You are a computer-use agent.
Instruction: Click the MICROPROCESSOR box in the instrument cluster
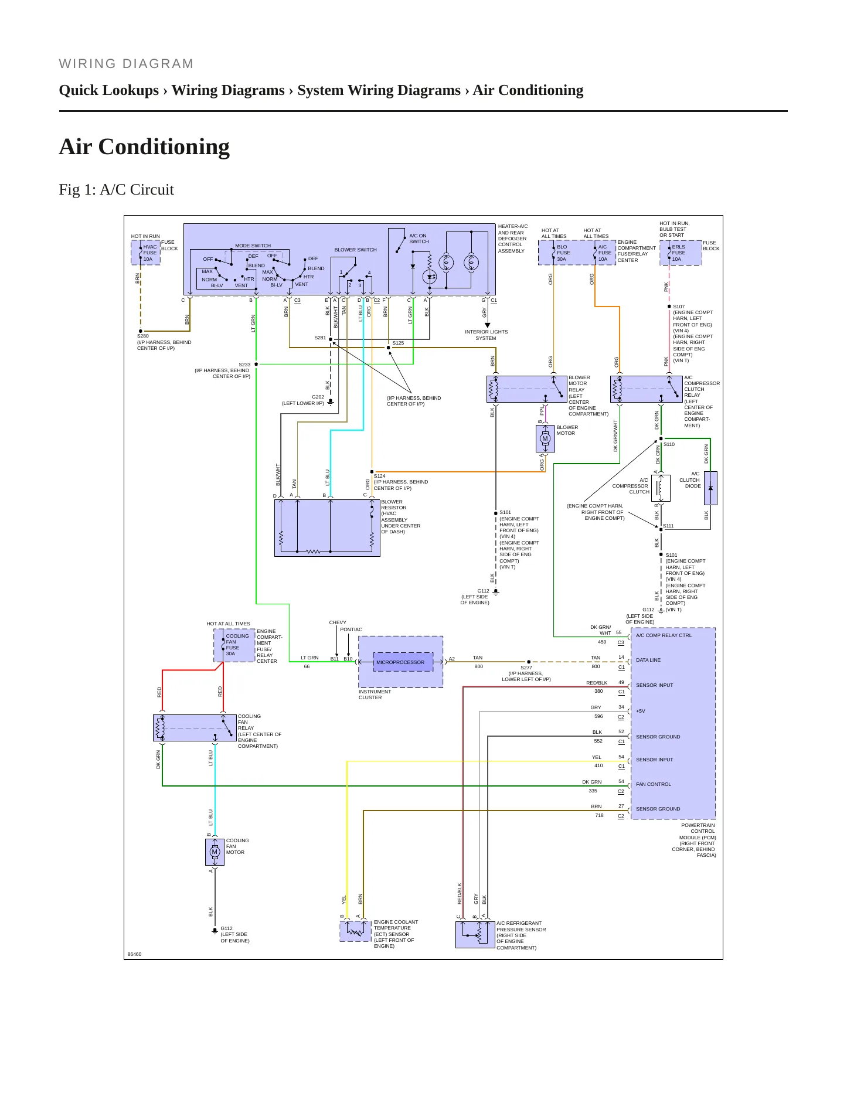[400, 662]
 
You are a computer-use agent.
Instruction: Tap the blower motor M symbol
[545, 438]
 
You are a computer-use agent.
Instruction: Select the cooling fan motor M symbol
[215, 852]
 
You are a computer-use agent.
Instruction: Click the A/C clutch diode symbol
[710, 488]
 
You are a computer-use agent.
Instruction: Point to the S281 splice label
[320, 338]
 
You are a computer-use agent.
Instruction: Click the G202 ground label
[318, 397]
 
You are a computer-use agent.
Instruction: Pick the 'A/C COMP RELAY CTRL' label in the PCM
[664, 635]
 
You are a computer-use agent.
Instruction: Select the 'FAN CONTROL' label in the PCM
[654, 784]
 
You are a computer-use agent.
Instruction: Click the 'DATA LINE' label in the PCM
[648, 660]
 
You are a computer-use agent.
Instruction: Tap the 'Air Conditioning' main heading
[144, 147]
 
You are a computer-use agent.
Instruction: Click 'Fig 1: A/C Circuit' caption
[117, 189]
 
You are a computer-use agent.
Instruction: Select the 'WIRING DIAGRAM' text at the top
[126, 64]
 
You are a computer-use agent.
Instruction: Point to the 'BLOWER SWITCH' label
[355, 250]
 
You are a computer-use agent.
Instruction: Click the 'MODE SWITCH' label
[253, 246]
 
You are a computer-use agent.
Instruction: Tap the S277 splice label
[526, 668]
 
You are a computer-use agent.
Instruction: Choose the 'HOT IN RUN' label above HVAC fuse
[145, 236]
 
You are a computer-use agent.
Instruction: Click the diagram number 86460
[134, 954]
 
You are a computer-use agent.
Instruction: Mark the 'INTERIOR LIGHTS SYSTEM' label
[487, 335]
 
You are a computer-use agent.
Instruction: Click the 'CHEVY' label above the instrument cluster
[338, 622]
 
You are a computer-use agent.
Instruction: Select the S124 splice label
[380, 476]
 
